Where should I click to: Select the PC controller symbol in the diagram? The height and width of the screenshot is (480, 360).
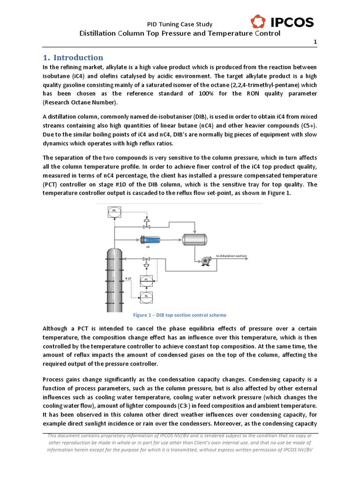click(114, 211)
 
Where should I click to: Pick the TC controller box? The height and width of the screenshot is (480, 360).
click(146, 296)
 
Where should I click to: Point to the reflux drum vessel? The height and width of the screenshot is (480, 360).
click(195, 239)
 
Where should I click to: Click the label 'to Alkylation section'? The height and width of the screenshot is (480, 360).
click(231, 256)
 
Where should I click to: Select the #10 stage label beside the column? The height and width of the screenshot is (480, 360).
click(128, 278)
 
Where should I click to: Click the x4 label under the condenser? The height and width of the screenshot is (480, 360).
click(148, 247)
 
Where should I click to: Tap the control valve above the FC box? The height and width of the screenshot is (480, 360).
click(146, 260)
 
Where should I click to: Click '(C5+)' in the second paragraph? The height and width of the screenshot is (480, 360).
click(307, 126)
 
